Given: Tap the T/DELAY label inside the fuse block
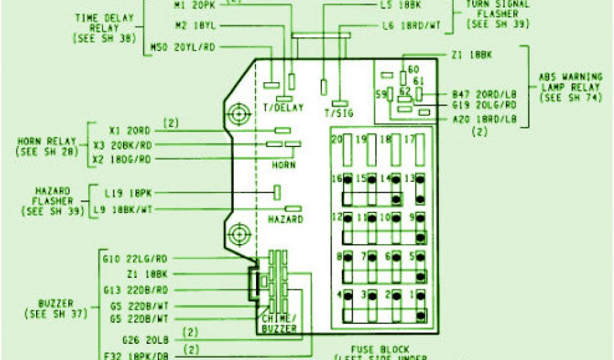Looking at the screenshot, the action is pyautogui.click(x=283, y=108).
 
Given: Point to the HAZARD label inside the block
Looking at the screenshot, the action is pyautogui.click(x=285, y=220).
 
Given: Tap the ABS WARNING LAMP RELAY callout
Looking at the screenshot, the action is pyautogui.click(x=570, y=87).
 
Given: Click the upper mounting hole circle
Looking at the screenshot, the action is pyautogui.click(x=239, y=113).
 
